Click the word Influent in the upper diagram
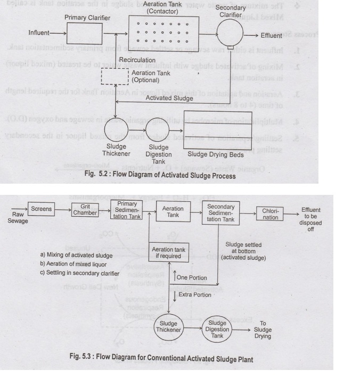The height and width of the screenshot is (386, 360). [39, 33]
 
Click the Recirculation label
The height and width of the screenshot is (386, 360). [137, 60]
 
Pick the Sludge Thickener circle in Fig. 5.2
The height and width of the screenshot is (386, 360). [116, 129]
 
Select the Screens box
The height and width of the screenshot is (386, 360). [42, 209]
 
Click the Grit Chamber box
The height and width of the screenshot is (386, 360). [85, 210]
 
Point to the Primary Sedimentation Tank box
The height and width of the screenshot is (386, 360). [126, 210]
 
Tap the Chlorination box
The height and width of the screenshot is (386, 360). [270, 214]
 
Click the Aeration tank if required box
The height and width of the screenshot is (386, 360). [169, 252]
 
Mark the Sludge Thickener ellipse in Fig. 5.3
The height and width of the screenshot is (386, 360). [168, 326]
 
